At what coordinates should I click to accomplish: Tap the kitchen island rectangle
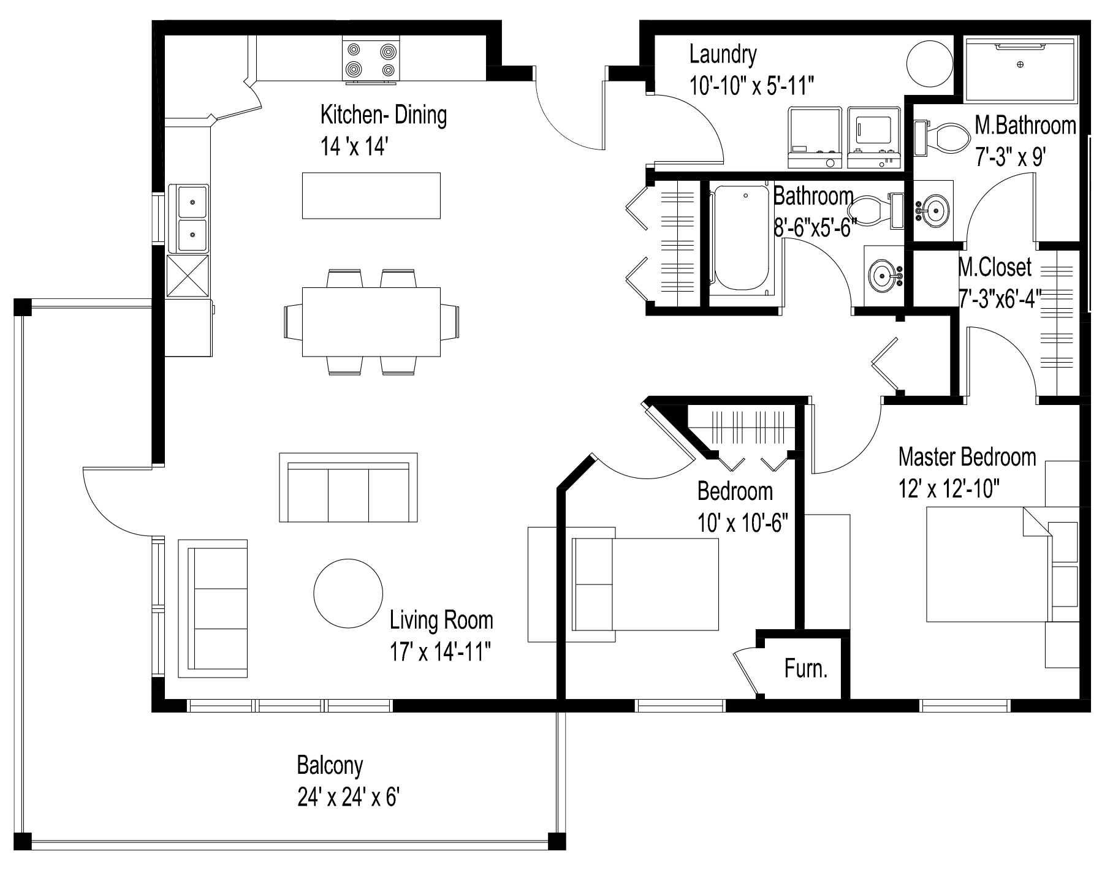pos(371,195)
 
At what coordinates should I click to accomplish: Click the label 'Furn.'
pos(805,669)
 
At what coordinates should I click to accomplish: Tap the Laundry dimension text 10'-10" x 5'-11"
pos(751,86)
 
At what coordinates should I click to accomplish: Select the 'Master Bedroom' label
pos(967,457)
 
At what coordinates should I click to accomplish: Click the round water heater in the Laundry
pos(929,64)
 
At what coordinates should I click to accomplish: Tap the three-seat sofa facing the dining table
pos(348,488)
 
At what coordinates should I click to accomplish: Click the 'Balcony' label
pos(330,766)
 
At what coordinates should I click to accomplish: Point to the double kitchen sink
pos(192,219)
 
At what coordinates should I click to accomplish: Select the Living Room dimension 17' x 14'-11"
pos(441,653)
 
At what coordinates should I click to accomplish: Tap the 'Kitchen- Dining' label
pos(384,115)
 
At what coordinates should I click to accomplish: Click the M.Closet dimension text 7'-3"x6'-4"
pos(1000,298)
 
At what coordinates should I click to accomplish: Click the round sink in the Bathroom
pos(883,275)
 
